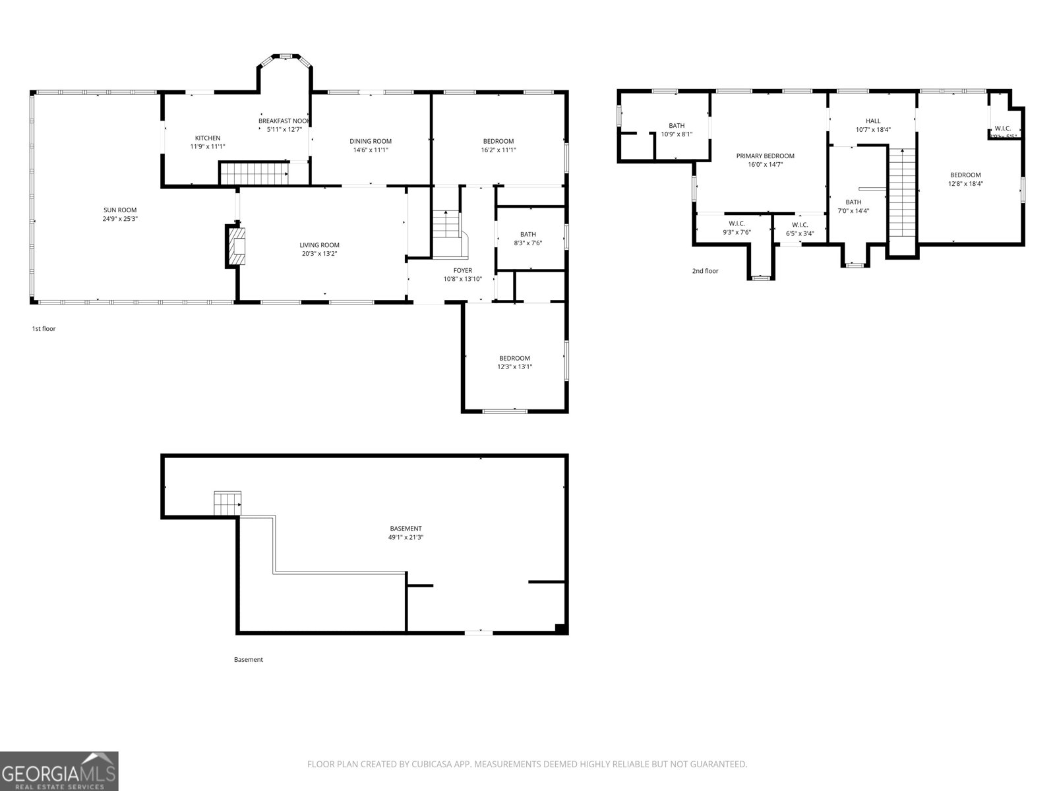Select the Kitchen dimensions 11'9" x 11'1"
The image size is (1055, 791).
pyautogui.click(x=208, y=146)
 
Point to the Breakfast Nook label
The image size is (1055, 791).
pyautogui.click(x=283, y=121)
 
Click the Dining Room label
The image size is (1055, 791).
pyautogui.click(x=370, y=141)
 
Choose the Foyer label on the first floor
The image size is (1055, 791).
pyautogui.click(x=462, y=270)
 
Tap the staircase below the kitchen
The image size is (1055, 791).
pyautogui.click(x=254, y=174)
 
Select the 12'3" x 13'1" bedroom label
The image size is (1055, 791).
pyautogui.click(x=514, y=362)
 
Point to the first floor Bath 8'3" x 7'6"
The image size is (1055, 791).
pyautogui.click(x=527, y=238)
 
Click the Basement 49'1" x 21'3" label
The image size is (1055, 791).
pyautogui.click(x=406, y=533)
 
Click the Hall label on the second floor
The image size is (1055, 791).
pyautogui.click(x=872, y=121)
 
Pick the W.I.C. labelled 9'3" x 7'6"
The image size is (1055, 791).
pyautogui.click(x=737, y=227)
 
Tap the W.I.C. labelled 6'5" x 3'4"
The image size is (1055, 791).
pyautogui.click(x=800, y=228)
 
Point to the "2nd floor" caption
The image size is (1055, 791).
pyautogui.click(x=705, y=271)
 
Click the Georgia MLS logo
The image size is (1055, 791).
pyautogui.click(x=59, y=771)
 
